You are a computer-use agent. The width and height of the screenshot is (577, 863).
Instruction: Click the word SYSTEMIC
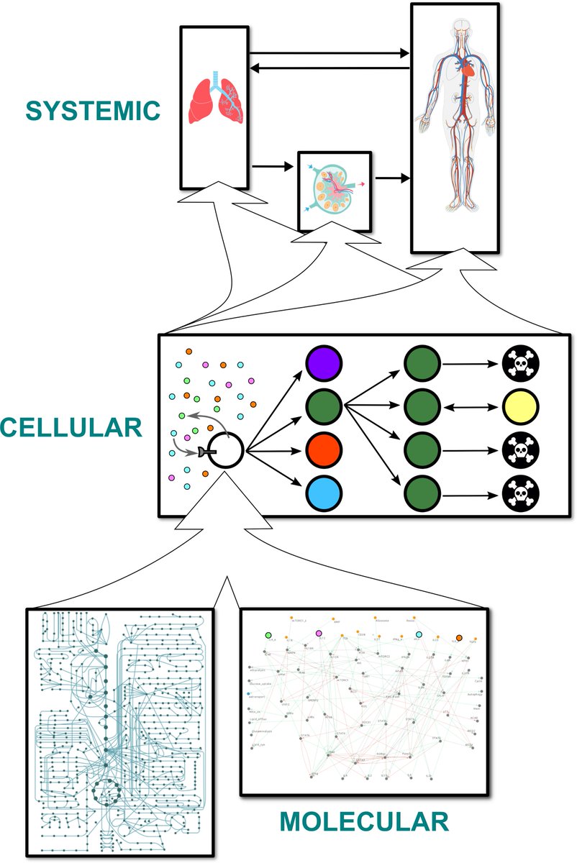coord(92,111)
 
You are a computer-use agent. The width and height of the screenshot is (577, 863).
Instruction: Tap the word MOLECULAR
coord(363,821)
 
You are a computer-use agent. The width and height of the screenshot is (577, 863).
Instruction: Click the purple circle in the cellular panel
coord(323,364)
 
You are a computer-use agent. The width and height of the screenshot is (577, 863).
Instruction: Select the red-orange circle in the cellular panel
coord(323,452)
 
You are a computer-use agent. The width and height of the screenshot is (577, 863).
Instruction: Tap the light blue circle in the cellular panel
coord(323,495)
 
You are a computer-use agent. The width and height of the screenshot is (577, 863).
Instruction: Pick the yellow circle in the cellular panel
coord(520,408)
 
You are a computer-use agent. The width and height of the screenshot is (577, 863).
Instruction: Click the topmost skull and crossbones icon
coord(520,365)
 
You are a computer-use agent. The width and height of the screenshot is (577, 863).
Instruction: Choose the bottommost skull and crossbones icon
coord(520,494)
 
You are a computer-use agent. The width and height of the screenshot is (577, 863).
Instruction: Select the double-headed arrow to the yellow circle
coord(470,408)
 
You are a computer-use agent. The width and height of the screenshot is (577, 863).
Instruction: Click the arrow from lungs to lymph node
coord(273,166)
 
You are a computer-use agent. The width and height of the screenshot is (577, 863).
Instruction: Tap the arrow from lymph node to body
coord(391,176)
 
